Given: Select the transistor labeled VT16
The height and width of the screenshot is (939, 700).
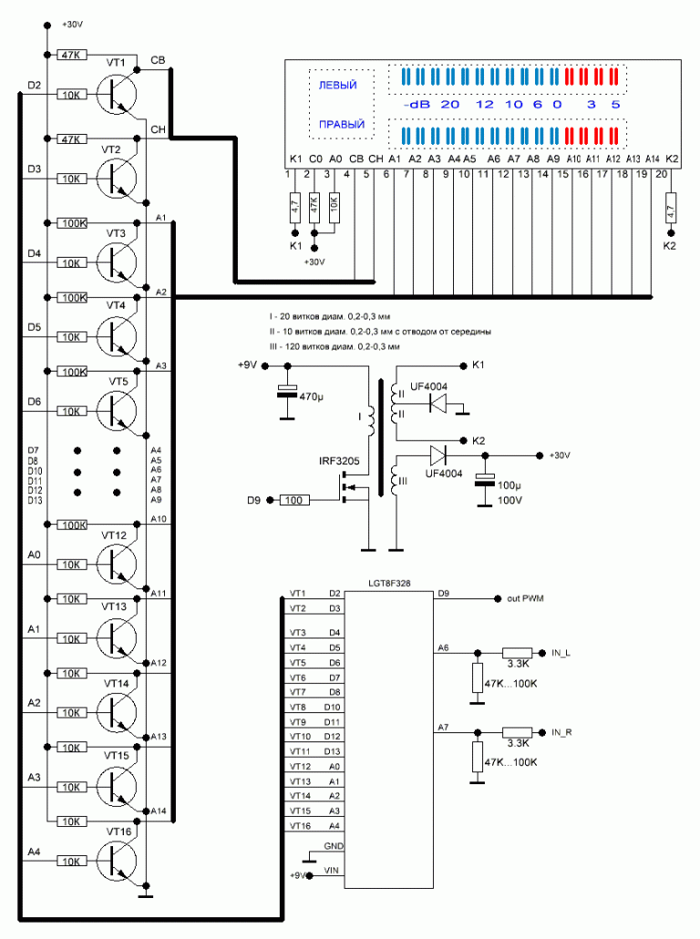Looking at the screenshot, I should point(116,860).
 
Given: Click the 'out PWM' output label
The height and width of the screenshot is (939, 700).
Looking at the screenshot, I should point(525,598).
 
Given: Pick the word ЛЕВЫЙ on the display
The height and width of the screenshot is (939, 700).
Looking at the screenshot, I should point(336,85).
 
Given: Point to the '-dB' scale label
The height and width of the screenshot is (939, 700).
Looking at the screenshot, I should point(417,105).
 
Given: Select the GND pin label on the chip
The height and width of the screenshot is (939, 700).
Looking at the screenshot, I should point(332,845).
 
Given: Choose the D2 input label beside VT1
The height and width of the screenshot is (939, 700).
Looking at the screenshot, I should point(35,86).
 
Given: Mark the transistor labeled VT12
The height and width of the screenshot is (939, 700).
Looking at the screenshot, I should point(116,563).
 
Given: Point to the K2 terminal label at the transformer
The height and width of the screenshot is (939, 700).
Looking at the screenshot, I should point(479,441).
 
